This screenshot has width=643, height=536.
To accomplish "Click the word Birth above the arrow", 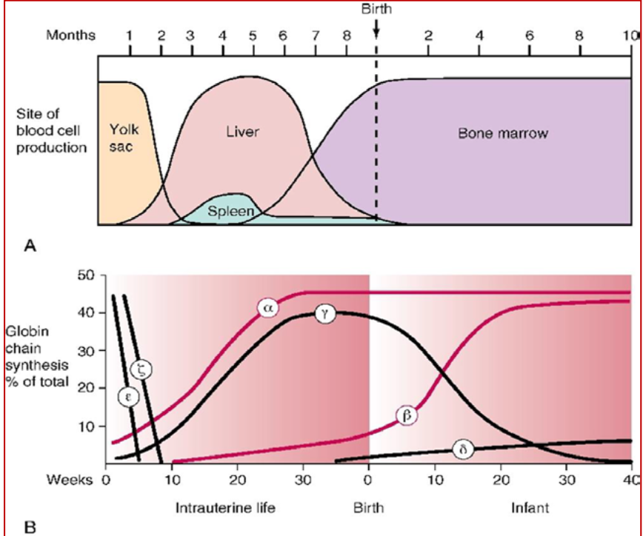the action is (376, 9).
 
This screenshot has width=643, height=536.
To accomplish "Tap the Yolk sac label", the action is (124, 138).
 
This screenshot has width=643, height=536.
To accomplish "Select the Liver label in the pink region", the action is (243, 132).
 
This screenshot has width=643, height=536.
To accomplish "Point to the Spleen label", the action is (231, 211).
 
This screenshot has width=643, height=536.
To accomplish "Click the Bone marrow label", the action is (503, 133).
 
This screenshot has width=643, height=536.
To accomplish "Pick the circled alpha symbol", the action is (268, 308).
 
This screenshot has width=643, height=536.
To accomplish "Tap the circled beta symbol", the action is (407, 416).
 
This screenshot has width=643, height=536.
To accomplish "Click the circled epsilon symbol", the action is (128, 397).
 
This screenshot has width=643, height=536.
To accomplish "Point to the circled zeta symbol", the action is (142, 370).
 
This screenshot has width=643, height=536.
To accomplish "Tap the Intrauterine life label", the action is (225, 508).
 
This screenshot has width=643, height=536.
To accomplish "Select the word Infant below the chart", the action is (530, 508).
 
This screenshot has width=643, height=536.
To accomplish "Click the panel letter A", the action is (30, 246).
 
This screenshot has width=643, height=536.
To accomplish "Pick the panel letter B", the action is (30, 526).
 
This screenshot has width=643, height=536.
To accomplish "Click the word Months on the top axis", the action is (70, 36).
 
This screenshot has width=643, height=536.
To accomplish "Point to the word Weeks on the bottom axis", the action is (70, 479).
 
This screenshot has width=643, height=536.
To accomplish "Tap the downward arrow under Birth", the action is (376, 28).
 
